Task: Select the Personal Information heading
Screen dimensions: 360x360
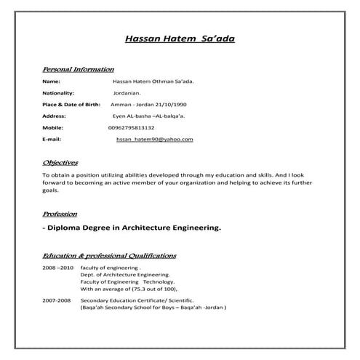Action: [x=78, y=70]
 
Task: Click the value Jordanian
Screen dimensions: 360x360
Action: [x=127, y=94]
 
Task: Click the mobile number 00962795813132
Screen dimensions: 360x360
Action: [x=131, y=127]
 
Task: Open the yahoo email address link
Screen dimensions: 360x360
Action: [x=154, y=138]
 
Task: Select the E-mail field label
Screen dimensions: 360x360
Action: [x=52, y=138]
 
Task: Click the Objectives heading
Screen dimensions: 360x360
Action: [x=60, y=163]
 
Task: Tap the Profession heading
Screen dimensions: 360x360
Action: [x=60, y=215]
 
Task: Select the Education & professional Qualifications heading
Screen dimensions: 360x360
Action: [x=109, y=256]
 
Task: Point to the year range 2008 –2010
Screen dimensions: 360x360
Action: [x=58, y=268]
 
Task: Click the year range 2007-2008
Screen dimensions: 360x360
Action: [x=57, y=300]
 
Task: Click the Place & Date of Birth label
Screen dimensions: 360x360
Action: [x=71, y=105]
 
